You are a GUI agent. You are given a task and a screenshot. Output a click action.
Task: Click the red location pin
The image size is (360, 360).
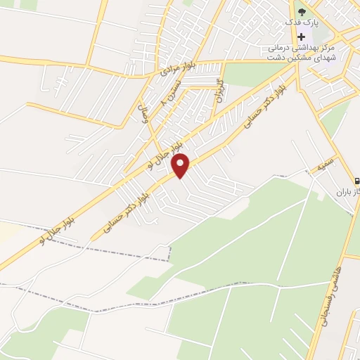[x=181, y=165]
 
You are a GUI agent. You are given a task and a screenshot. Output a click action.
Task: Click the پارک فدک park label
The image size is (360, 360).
[x=302, y=22]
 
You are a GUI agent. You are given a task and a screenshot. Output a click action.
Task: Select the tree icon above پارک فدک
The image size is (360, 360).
[x=302, y=11]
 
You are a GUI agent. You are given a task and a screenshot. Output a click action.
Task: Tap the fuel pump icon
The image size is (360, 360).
[x=356, y=181]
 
